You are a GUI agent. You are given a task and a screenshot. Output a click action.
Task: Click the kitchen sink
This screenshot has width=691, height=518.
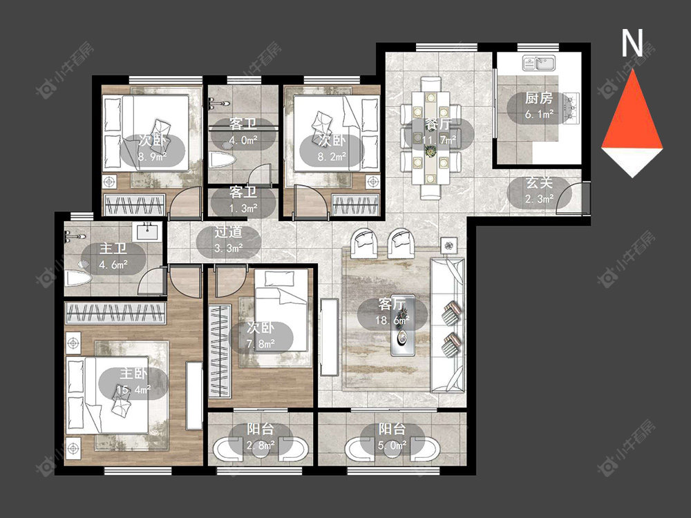540,63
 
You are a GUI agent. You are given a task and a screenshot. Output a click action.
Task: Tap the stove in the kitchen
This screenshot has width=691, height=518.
572,107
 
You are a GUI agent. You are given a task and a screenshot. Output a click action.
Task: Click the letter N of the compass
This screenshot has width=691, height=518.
632,42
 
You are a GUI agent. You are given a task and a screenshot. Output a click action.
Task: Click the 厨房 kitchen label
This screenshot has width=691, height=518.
538,98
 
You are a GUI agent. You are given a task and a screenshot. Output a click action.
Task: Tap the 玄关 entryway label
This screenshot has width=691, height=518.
539,183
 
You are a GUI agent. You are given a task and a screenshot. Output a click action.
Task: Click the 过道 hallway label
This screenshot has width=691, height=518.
228,232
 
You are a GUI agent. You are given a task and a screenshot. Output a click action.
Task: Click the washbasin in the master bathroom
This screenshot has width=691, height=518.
146,231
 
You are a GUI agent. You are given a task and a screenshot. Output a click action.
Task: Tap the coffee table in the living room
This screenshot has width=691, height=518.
403,325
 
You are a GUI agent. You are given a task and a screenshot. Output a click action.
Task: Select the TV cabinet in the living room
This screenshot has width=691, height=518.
329,337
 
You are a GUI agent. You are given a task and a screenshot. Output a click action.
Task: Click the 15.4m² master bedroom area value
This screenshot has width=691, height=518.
133,390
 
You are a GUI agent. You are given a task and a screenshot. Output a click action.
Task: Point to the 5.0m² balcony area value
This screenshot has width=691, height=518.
392,445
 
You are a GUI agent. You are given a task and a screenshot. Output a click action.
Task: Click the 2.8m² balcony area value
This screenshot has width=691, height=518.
261,445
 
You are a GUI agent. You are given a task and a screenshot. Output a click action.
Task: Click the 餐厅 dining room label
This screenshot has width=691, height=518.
438,124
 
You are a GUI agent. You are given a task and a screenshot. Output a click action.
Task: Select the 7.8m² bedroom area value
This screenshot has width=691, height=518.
261,343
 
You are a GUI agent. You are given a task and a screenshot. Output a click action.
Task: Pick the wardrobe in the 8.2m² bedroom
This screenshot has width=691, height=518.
356,205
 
